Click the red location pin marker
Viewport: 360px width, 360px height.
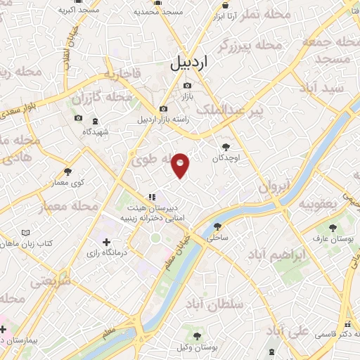tap(181, 166)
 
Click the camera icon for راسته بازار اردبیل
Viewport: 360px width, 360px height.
tap(164, 109)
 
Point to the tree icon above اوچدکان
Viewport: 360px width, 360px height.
tap(226, 147)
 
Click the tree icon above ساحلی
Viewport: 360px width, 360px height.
tap(217, 226)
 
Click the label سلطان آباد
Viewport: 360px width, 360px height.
tap(214, 304)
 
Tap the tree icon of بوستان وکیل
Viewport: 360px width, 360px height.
tap(198, 335)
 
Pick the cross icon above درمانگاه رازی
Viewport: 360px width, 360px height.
tap(106, 243)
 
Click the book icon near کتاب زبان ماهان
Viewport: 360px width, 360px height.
tap(26, 233)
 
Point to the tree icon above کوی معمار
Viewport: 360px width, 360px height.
tap(68, 171)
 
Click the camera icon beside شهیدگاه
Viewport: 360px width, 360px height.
tap(78, 118)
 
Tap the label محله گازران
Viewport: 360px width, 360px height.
tap(103, 96)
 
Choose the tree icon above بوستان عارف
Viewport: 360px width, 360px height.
tap(333, 228)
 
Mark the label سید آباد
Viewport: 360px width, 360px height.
tap(321, 88)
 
